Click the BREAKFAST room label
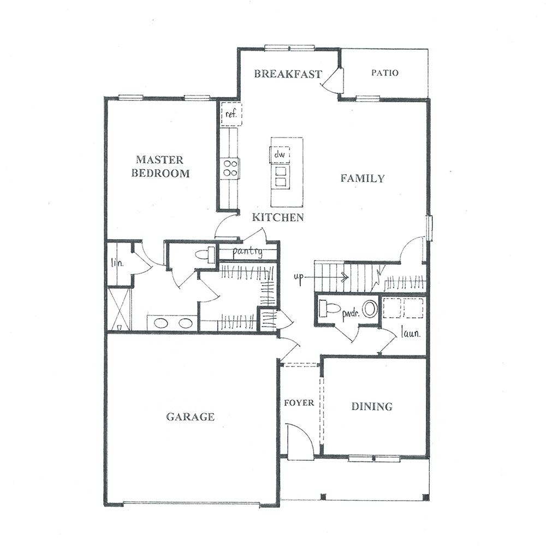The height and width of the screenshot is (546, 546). point(288,74)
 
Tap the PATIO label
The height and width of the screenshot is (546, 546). point(385,73)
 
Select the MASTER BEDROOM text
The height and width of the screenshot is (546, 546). point(160,167)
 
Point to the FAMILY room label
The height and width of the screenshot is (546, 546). point(363,179)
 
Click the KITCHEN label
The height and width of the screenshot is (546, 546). point(278,217)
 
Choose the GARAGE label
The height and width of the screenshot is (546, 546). point(190,417)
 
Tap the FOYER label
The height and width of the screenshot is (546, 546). point(299,403)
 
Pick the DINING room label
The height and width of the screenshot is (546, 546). point(372,406)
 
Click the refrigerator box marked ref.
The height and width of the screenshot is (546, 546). point(231,114)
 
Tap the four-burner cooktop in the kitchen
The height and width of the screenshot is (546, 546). point(230,168)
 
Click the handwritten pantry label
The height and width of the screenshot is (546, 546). point(247,251)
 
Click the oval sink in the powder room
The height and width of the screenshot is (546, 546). point(370,309)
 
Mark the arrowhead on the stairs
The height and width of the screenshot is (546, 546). point(346,277)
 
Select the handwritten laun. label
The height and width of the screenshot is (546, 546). point(411,334)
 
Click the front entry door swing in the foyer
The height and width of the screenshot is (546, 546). point(300,438)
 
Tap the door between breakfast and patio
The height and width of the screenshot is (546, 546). point(333,80)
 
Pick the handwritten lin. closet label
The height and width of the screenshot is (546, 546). point(117,263)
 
